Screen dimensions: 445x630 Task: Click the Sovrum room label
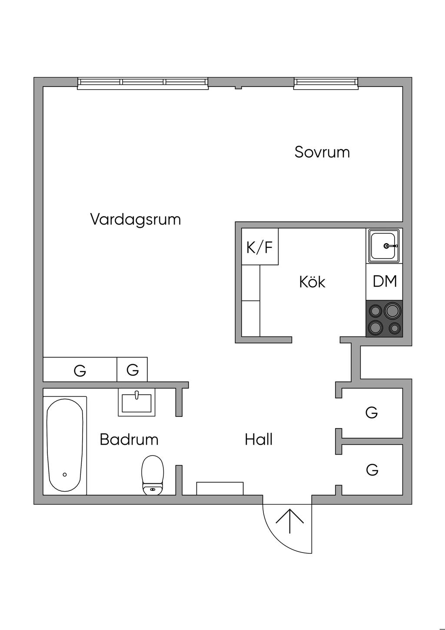coord(322,152)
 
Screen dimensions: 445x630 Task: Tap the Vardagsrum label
coord(136,220)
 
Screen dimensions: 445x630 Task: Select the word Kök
coord(312,281)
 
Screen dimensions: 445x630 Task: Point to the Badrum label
coord(129,439)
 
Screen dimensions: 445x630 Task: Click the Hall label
coord(259,439)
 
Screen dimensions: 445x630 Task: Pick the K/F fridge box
coord(260,246)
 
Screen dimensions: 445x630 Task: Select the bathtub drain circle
coord(65,475)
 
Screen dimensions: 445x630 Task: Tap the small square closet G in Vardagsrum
coord(132,369)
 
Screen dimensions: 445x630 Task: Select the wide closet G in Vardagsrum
coord(80,369)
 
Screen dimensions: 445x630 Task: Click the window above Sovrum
coord(326,84)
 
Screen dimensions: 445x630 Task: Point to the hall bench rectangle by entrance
coord(220,489)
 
